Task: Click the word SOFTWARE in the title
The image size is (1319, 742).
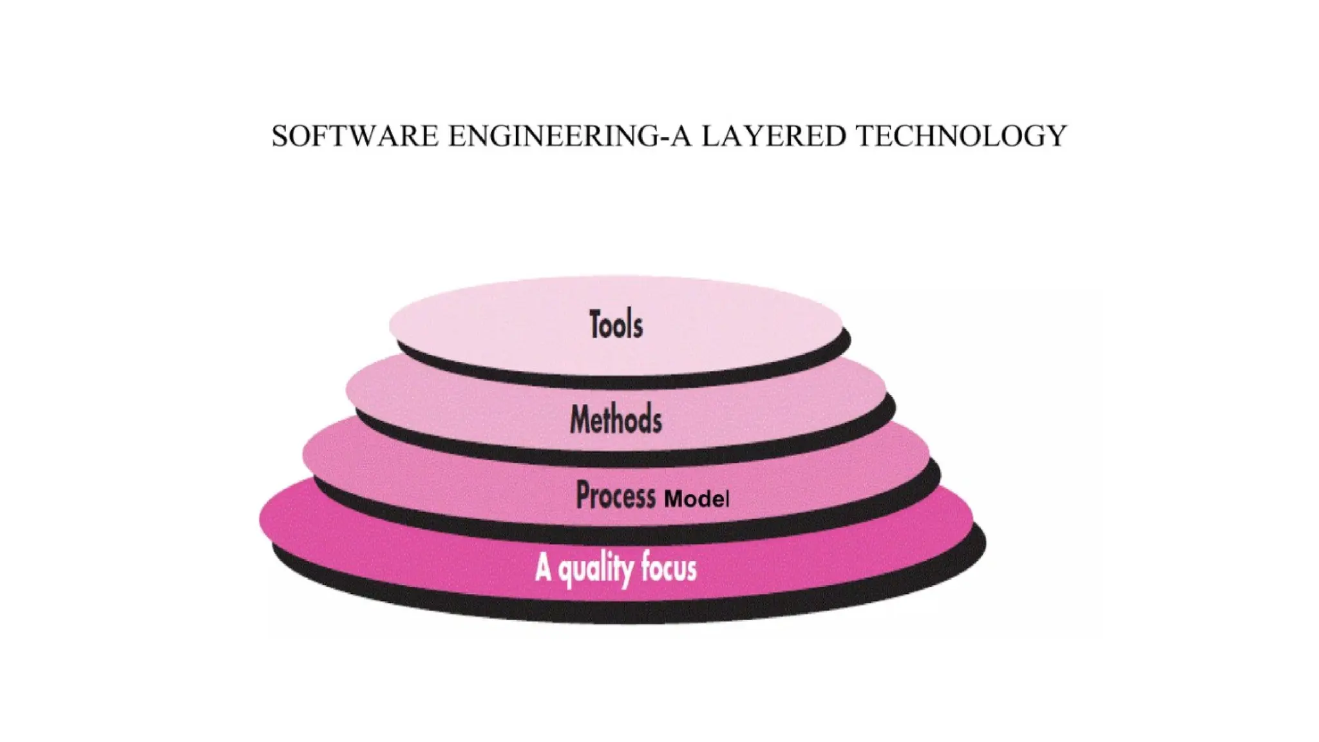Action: pos(355,137)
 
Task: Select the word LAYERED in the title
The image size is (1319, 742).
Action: pos(773,137)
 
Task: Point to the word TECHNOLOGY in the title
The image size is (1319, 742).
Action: pos(961,137)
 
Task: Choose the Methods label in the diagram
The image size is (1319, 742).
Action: pos(616,419)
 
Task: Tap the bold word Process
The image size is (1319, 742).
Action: pos(616,495)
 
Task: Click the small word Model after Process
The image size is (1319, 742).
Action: pos(697,499)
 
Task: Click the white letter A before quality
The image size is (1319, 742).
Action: pos(543,569)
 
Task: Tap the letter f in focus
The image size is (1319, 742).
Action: pos(646,568)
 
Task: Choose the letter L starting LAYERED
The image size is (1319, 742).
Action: pos(710,137)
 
